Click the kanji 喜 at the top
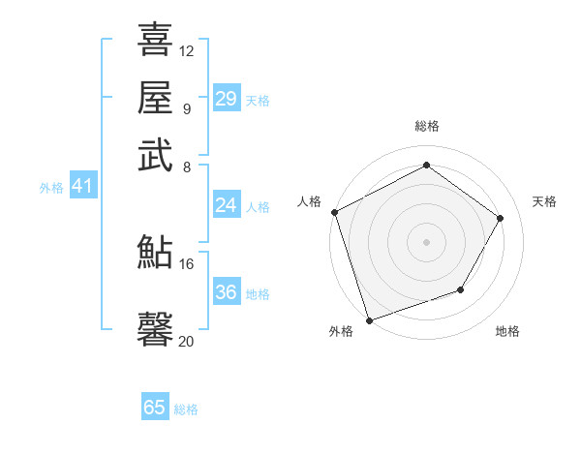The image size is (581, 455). pos(155,41)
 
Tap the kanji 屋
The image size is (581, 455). pos(155,98)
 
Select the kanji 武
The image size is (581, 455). pos(155,155)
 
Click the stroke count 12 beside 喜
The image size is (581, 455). pos(187,50)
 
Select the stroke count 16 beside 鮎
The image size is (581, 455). pos(187,263)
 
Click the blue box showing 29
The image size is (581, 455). pos(227,99)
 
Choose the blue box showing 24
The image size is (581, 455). pos(227,205)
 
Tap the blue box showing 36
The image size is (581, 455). pos(227,292)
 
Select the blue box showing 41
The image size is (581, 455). pos(81,187)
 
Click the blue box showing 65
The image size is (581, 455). pos(155,408)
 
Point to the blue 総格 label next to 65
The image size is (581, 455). pos(187,409)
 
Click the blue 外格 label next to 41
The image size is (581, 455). pos(51,188)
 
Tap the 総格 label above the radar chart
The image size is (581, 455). pos(426,126)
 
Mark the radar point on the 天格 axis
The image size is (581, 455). pos(501,218)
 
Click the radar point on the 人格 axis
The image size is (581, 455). pos(334,212)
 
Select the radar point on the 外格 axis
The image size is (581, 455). pos(370,319)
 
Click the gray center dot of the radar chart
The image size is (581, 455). pos(426,241)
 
